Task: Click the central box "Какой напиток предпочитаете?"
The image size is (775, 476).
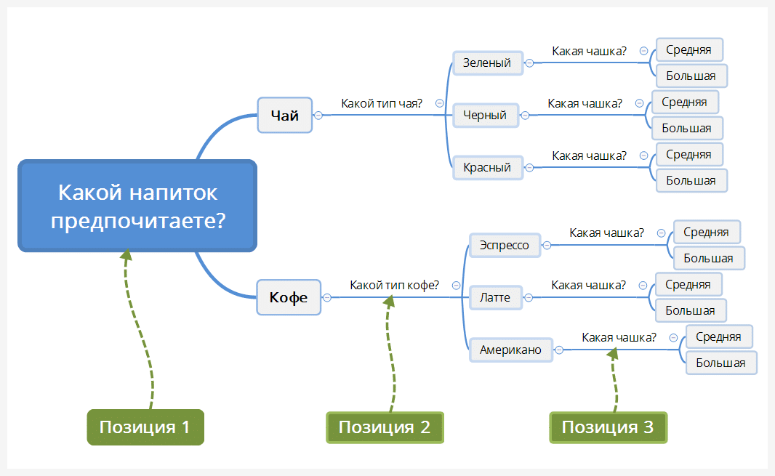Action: point(137,206)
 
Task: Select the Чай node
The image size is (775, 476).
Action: point(285,115)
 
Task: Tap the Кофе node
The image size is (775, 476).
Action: point(289,297)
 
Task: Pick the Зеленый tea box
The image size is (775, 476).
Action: point(488,62)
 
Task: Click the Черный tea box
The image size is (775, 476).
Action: point(486,115)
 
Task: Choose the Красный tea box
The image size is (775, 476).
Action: point(488,168)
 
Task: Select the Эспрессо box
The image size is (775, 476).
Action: point(505,245)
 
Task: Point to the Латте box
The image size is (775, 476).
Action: point(496,297)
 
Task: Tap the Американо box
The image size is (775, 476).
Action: point(511,350)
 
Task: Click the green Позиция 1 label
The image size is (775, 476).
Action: point(145,427)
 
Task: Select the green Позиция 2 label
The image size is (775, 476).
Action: point(385,427)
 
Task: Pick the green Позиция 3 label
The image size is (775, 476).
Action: point(608,427)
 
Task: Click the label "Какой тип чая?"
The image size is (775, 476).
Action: point(382,103)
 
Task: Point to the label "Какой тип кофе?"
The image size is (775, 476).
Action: point(394,285)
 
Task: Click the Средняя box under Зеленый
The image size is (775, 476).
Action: point(689,50)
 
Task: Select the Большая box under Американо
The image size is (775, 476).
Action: point(721,363)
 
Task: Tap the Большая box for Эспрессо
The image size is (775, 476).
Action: point(709,258)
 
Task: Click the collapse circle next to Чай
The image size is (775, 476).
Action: point(318,115)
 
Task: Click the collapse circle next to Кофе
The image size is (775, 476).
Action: point(326,297)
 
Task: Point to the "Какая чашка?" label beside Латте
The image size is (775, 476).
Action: point(588,285)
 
